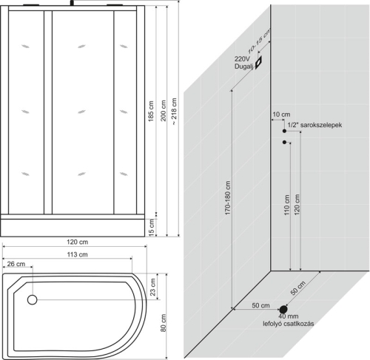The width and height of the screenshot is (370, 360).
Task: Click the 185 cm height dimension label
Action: [x=151, y=111]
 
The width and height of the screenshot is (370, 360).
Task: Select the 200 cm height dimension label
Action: [x=163, y=110]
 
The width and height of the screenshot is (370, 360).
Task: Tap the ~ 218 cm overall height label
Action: [x=174, y=112]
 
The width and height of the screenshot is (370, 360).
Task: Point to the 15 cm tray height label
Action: [x=152, y=228]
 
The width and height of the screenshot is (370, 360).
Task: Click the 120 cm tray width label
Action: [x=77, y=242]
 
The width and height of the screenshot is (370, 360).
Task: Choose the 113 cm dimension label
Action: [x=77, y=254]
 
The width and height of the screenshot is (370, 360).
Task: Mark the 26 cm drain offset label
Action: [x=16, y=264]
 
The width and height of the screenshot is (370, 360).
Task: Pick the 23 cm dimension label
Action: [x=152, y=287]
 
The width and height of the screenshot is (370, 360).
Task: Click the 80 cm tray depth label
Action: [x=163, y=323]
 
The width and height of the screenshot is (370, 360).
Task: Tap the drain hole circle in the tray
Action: [x=32, y=300]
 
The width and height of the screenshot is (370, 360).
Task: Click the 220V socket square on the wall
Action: [x=258, y=62]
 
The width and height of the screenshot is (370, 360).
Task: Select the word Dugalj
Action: [x=243, y=67]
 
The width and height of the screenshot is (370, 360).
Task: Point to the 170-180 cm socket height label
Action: [x=227, y=198]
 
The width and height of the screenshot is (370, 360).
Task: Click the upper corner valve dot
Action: [x=284, y=131]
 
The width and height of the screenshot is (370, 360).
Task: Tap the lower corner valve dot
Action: [x=284, y=142]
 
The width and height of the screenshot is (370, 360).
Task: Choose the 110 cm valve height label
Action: [x=286, y=205]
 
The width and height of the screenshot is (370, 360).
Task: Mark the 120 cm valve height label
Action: [x=297, y=205]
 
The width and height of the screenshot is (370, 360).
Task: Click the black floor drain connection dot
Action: [x=283, y=309]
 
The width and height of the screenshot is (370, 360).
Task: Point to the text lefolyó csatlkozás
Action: [x=289, y=324]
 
